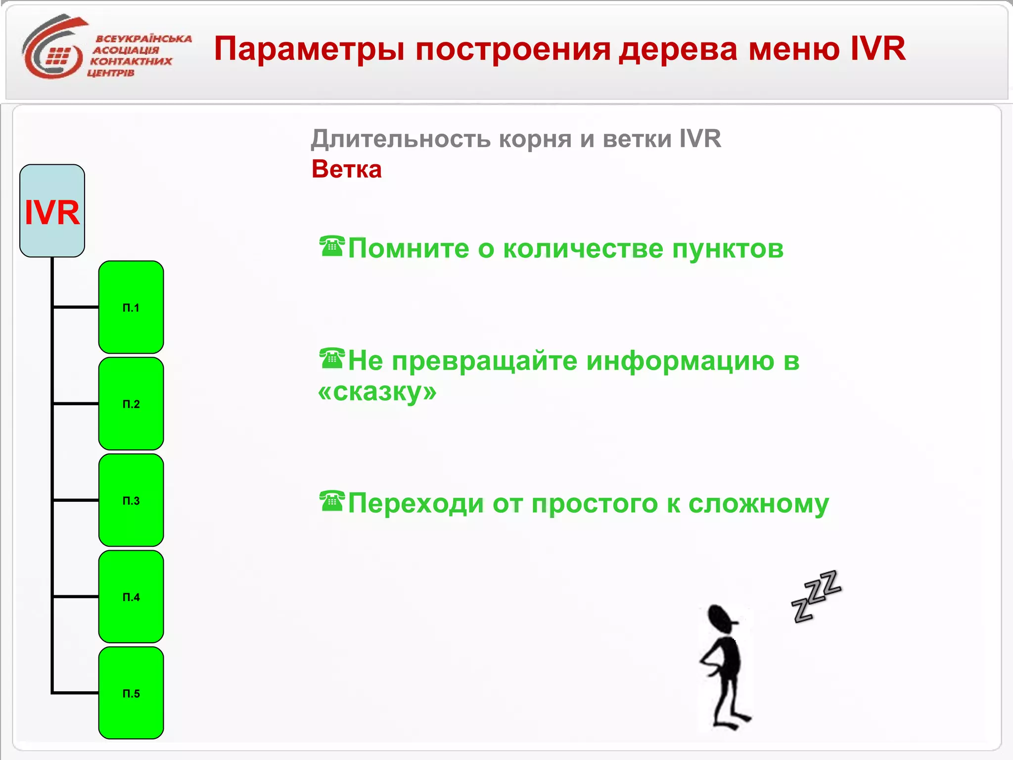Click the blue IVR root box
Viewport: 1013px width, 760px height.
tap(52, 211)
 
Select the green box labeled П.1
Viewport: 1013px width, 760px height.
tap(131, 307)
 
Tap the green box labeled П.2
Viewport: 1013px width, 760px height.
tap(131, 404)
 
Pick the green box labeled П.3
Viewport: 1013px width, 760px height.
tap(131, 500)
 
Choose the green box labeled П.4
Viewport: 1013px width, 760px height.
tap(131, 597)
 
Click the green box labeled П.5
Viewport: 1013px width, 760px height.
tap(131, 693)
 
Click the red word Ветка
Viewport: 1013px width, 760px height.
tap(346, 169)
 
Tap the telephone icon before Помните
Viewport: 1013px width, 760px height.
tap(331, 246)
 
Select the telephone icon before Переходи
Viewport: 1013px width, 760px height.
tap(331, 501)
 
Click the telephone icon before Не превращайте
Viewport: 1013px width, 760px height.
tap(331, 359)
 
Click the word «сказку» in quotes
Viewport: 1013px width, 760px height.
tap(377, 392)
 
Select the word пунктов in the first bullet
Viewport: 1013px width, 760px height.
tap(727, 249)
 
